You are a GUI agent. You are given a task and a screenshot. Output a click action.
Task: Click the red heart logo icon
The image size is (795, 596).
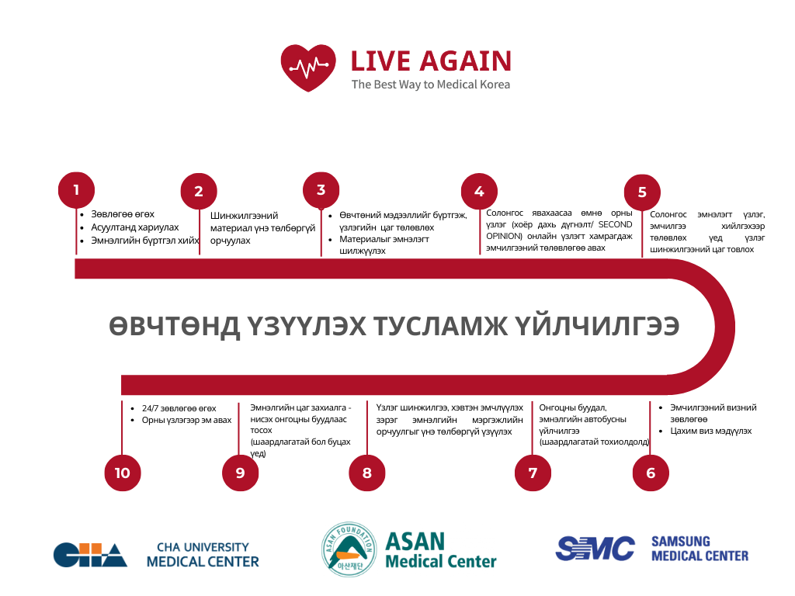click(x=308, y=68)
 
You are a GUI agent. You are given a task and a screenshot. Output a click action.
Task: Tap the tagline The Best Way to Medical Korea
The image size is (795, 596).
click(x=430, y=84)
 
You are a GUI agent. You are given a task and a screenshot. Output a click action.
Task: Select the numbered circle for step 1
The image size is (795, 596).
click(x=76, y=190)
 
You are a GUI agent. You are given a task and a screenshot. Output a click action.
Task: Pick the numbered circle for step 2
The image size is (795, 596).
click(x=199, y=192)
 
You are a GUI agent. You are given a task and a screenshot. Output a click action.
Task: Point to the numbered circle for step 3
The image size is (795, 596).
click(x=321, y=190)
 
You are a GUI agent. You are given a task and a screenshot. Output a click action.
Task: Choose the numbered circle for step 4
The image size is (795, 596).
click(x=479, y=192)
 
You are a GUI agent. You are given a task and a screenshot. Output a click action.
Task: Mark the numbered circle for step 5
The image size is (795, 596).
click(x=642, y=192)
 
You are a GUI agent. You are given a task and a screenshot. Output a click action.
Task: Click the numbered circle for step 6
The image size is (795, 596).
click(x=651, y=473)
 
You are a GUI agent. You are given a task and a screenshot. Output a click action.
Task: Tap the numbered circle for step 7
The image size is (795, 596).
click(x=533, y=473)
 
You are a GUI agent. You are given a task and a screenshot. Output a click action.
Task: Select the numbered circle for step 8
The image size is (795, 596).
click(x=367, y=473)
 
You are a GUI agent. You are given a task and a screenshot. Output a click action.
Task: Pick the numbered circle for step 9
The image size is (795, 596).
click(x=240, y=473)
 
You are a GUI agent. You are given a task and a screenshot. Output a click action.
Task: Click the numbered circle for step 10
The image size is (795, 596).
click(x=123, y=473)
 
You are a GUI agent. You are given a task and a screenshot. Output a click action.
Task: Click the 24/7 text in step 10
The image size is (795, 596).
click(x=150, y=408)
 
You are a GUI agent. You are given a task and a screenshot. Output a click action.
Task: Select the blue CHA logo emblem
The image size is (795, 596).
click(x=90, y=554)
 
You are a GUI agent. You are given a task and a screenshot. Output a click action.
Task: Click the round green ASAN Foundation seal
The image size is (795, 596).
click(x=349, y=549)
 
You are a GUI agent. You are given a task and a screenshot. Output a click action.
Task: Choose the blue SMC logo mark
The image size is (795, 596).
click(x=595, y=549)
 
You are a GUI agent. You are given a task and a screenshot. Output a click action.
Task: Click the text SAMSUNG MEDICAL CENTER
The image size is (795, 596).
click(x=700, y=549)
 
